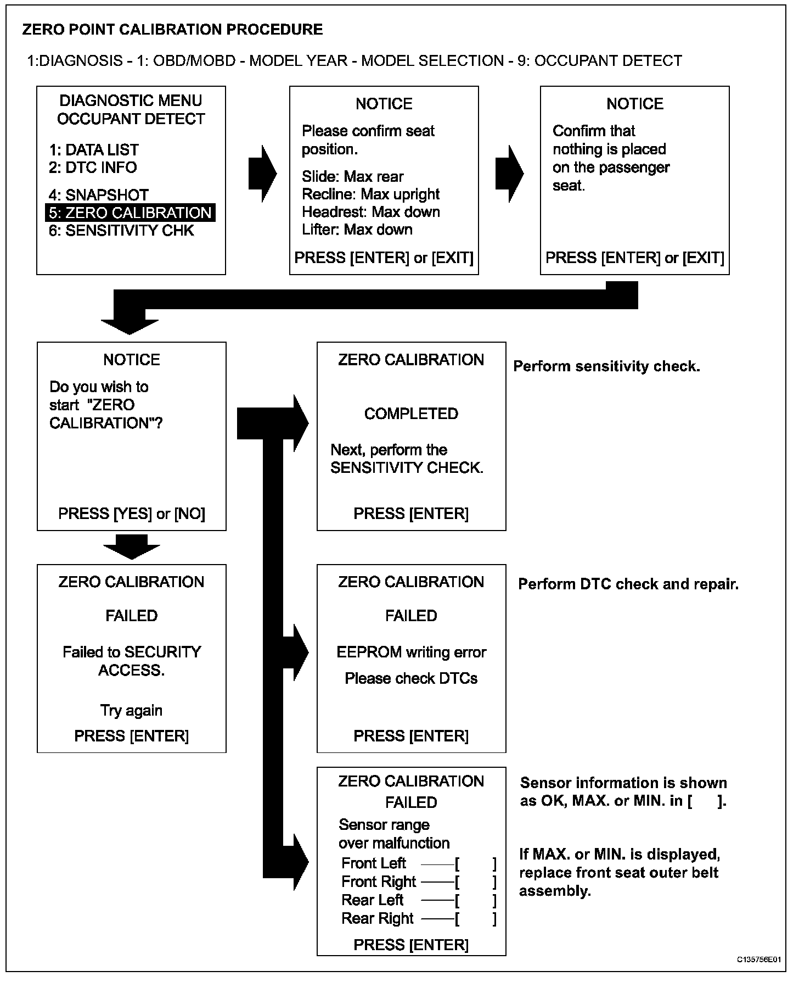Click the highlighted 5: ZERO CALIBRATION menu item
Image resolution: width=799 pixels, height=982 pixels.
130,213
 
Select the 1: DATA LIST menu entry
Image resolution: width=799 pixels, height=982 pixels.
94,150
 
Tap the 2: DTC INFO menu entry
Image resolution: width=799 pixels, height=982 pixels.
93,168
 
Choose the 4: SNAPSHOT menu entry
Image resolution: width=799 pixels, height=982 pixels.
99,195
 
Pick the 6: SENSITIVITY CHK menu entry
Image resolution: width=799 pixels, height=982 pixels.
121,231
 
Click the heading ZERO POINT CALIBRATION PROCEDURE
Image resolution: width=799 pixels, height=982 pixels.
172,30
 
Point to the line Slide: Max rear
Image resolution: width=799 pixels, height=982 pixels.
352,176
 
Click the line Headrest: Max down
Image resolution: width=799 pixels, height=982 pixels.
370,212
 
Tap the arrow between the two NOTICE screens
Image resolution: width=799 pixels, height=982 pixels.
509,174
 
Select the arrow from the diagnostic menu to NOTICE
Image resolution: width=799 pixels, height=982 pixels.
262,174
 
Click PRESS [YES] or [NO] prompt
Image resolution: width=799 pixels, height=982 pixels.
132,514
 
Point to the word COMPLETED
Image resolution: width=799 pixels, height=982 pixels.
411,414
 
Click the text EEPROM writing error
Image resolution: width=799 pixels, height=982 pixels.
411,652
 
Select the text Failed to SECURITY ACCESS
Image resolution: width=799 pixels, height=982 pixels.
132,661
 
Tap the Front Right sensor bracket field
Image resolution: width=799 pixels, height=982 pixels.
476,882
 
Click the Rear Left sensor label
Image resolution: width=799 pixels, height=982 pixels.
372,900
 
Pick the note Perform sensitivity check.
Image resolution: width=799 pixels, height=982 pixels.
606,366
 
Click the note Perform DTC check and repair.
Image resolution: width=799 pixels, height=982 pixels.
628,584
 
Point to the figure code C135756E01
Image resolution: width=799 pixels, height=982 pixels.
758,959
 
